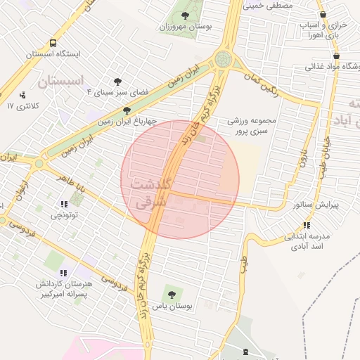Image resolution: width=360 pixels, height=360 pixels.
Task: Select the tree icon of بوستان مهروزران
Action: point(185,15)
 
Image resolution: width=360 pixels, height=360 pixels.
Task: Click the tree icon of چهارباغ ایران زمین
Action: point(127,110)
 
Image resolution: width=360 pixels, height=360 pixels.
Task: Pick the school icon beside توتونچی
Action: point(64,205)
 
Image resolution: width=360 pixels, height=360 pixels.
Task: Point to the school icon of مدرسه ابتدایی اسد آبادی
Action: point(307,226)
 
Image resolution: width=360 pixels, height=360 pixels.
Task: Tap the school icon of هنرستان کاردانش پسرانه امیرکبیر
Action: point(64,273)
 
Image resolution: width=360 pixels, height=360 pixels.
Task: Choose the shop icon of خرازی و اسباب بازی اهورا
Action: point(323,15)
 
